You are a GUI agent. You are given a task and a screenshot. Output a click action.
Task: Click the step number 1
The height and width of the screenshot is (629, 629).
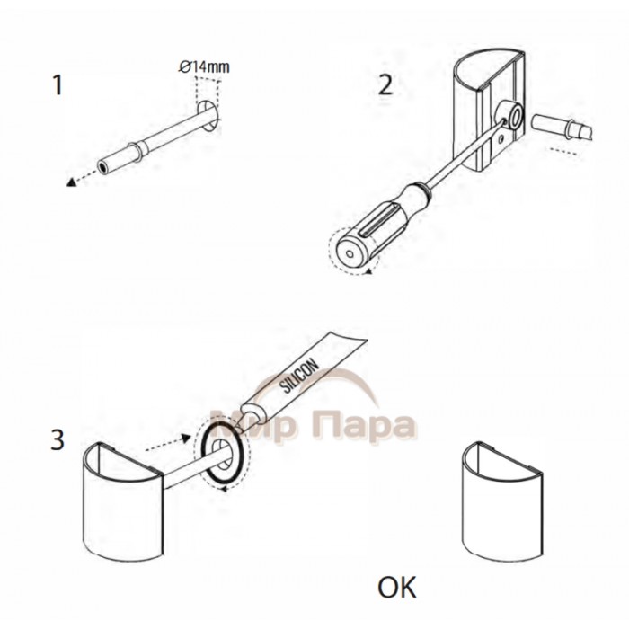tap(58, 85)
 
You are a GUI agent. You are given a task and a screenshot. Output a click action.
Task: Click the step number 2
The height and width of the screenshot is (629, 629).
tap(385, 85)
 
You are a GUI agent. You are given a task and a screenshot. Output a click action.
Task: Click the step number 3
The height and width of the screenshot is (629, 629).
tap(58, 439)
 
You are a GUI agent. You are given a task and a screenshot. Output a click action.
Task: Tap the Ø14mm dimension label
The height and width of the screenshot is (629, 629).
tap(205, 66)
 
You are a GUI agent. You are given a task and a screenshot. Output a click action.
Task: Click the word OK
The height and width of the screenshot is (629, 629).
tap(397, 588)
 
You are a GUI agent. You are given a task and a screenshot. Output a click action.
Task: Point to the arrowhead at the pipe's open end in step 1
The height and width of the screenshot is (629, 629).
tap(71, 182)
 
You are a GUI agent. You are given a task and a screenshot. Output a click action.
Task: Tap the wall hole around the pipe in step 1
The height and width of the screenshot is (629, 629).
tap(208, 115)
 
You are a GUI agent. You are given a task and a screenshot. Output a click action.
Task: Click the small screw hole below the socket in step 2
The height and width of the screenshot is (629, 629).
tap(501, 138)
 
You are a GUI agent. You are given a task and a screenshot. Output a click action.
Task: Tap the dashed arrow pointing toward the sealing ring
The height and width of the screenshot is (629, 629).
tap(168, 443)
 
